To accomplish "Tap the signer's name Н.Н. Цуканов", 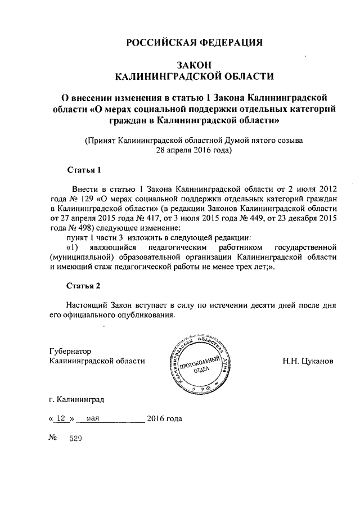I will [308, 361].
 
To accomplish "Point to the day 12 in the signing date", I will [60, 418].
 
